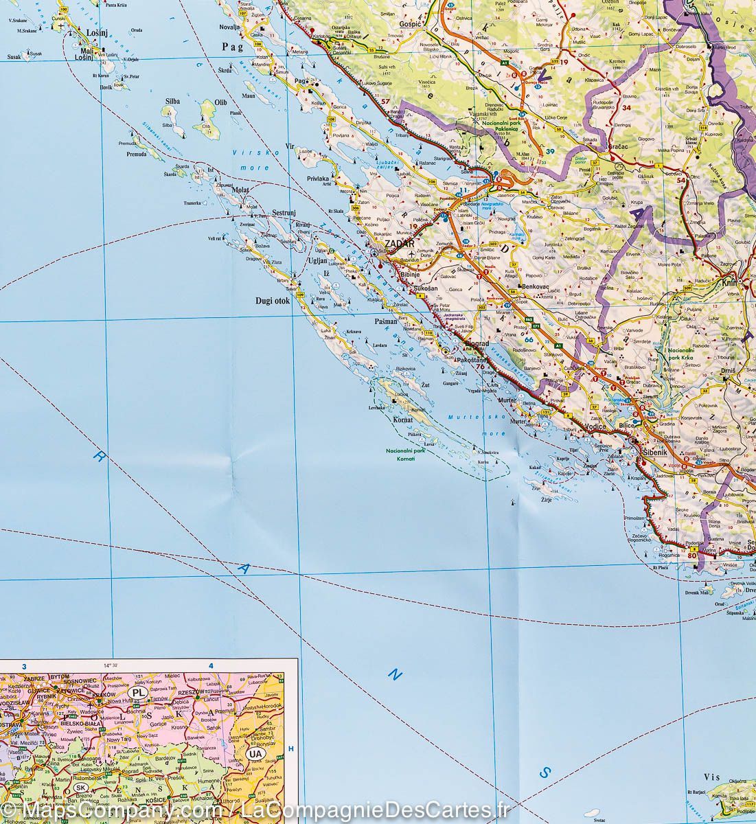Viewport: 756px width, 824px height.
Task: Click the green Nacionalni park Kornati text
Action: click(405, 454)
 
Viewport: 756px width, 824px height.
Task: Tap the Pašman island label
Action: click(387, 321)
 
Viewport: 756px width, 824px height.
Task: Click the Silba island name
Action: click(172, 102)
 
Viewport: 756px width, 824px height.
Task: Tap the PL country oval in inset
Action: click(139, 694)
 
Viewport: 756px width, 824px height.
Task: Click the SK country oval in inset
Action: click(82, 787)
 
